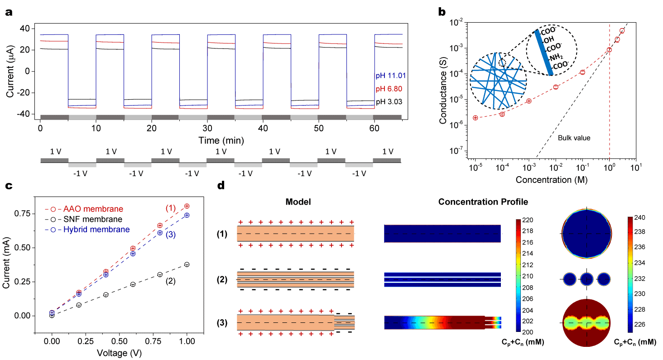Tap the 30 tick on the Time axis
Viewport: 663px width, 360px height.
pos(207,128)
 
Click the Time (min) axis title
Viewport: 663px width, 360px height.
pos(221,141)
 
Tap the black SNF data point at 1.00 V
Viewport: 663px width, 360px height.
pos(187,264)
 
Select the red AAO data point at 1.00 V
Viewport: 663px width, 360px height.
pos(187,206)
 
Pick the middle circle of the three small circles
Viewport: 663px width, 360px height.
pos(586,280)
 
